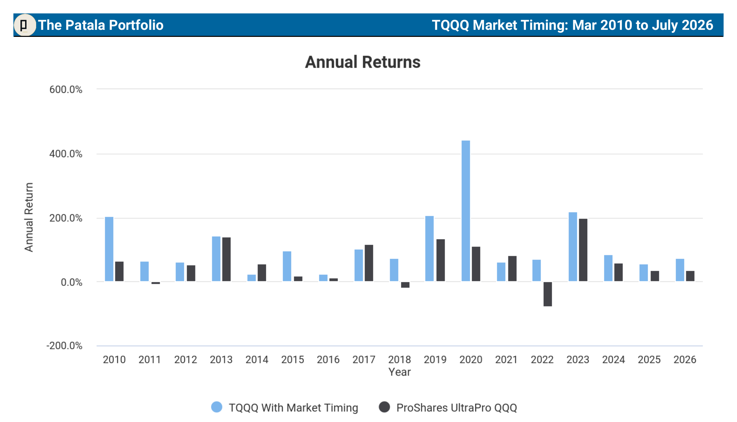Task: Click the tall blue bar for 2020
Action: tap(466, 211)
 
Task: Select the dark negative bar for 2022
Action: tap(548, 294)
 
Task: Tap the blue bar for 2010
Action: tap(109, 249)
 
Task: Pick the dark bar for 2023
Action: tap(583, 250)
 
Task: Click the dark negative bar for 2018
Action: tap(405, 285)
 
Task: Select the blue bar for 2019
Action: tap(429, 249)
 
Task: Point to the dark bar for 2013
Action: tap(226, 259)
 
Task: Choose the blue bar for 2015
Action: tap(287, 266)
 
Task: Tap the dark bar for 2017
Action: tap(369, 263)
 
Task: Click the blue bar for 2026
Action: tap(680, 270)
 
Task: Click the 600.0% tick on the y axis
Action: tap(66, 89)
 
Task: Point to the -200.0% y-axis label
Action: tap(64, 346)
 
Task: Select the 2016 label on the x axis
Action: tap(328, 360)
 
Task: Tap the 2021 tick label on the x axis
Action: tap(507, 360)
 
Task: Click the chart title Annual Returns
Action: tap(363, 62)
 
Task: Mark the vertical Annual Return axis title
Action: tap(29, 217)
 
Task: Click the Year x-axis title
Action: tap(400, 372)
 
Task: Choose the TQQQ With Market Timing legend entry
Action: tap(285, 408)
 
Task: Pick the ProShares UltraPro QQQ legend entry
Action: tap(448, 408)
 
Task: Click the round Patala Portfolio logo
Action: tap(25, 25)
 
